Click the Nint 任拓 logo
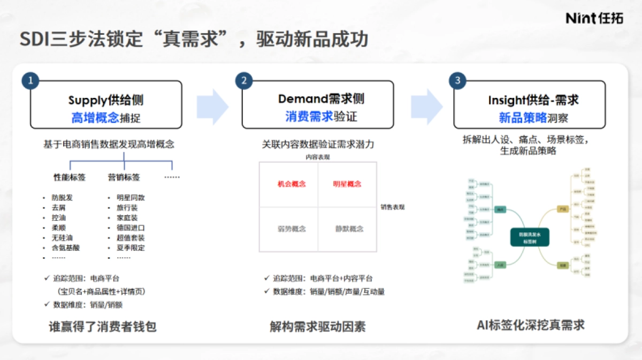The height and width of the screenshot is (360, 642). point(594,18)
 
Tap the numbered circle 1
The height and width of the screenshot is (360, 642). point(30,81)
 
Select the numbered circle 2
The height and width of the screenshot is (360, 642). point(244,81)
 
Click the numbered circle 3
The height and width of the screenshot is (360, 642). point(457,81)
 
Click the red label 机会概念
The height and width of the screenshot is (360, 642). point(292,184)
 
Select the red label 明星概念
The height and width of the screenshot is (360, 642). point(347,184)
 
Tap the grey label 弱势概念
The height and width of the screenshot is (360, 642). point(292,228)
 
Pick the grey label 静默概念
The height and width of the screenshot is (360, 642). point(349,228)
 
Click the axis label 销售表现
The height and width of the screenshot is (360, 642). point(393,207)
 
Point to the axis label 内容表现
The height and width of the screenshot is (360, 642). point(318,157)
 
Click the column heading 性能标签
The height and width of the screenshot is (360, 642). point(70,177)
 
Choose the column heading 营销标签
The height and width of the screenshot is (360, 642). point(124,177)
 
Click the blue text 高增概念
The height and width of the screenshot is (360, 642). point(95,118)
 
